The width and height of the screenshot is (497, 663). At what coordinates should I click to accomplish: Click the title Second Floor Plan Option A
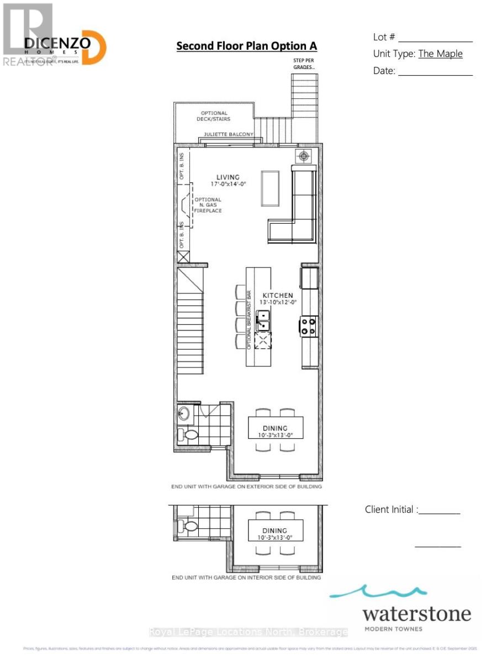click(x=247, y=46)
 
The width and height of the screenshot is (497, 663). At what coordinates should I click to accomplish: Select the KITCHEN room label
click(x=277, y=296)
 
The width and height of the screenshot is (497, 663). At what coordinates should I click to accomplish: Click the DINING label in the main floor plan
click(x=275, y=428)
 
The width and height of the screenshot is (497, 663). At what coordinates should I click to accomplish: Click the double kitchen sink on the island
click(x=263, y=322)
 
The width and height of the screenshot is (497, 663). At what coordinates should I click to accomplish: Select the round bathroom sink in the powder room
click(x=184, y=413)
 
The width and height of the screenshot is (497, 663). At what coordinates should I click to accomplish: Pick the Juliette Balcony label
click(x=228, y=134)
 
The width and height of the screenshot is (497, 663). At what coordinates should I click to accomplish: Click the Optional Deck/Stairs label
click(x=215, y=116)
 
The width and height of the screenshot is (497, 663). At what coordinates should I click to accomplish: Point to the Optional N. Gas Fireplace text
click(x=209, y=205)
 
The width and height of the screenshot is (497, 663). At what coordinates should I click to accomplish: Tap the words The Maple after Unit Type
click(x=440, y=54)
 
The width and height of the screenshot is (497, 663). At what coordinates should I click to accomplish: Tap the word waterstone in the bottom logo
click(x=417, y=614)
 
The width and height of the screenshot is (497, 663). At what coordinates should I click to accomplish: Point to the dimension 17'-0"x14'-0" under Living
click(x=228, y=185)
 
